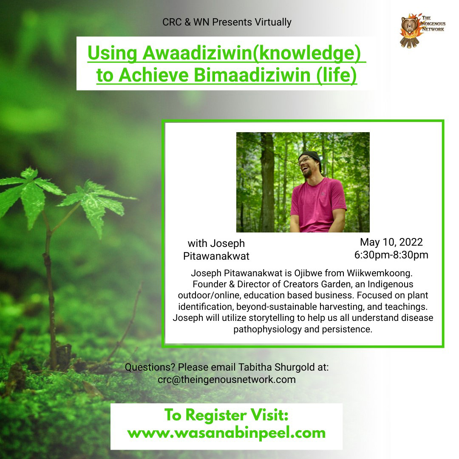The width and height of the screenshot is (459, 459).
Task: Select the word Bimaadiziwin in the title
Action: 252,75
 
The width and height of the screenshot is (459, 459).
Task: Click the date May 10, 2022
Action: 391,242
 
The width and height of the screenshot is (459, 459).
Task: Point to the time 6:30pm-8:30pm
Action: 391,255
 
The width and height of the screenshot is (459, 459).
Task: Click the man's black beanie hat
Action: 311,159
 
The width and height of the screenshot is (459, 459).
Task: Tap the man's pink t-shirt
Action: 317,204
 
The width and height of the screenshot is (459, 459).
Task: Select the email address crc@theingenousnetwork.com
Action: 227,380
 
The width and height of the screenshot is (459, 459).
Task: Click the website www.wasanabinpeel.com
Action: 226,433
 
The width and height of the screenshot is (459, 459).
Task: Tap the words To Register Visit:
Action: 226,415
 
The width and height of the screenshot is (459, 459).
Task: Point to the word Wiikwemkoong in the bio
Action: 380,273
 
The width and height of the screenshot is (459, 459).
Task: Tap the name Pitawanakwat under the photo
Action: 216,256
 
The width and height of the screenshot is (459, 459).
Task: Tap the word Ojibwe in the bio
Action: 308,273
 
